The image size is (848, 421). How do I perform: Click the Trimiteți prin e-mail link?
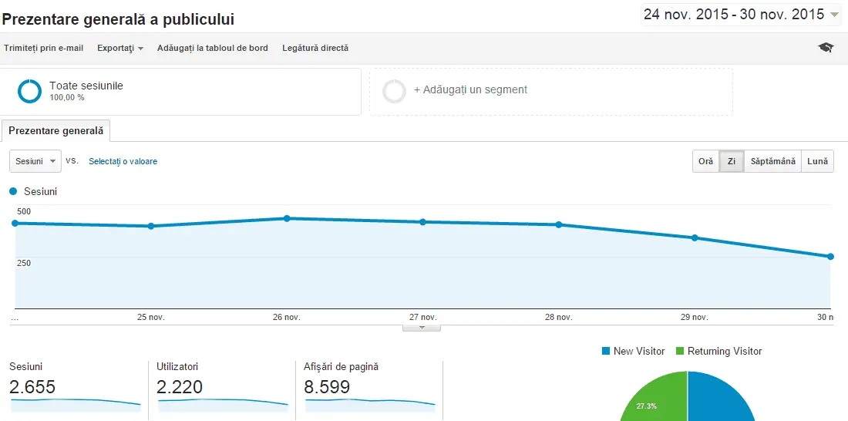click(43, 48)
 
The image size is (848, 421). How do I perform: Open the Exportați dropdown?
click(120, 48)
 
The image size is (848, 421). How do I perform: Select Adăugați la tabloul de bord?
click(213, 48)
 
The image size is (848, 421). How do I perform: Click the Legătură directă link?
click(315, 48)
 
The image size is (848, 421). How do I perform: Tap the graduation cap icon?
click(826, 48)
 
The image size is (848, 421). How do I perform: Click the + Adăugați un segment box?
click(550, 91)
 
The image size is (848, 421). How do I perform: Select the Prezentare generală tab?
click(56, 131)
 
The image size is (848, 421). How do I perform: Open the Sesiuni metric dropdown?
click(35, 161)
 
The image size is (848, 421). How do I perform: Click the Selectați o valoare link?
click(123, 161)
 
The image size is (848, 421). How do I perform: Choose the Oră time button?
click(705, 161)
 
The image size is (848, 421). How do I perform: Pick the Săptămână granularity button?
click(772, 161)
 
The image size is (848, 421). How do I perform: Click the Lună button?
click(817, 161)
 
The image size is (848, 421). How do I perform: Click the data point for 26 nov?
click(287, 218)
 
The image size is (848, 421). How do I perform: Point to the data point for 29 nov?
click(695, 237)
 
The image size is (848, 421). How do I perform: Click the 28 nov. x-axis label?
click(558, 317)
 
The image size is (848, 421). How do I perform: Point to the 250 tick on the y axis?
click(24, 263)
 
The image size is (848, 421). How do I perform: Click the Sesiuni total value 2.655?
click(32, 387)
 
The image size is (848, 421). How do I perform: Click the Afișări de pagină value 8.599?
click(327, 387)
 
